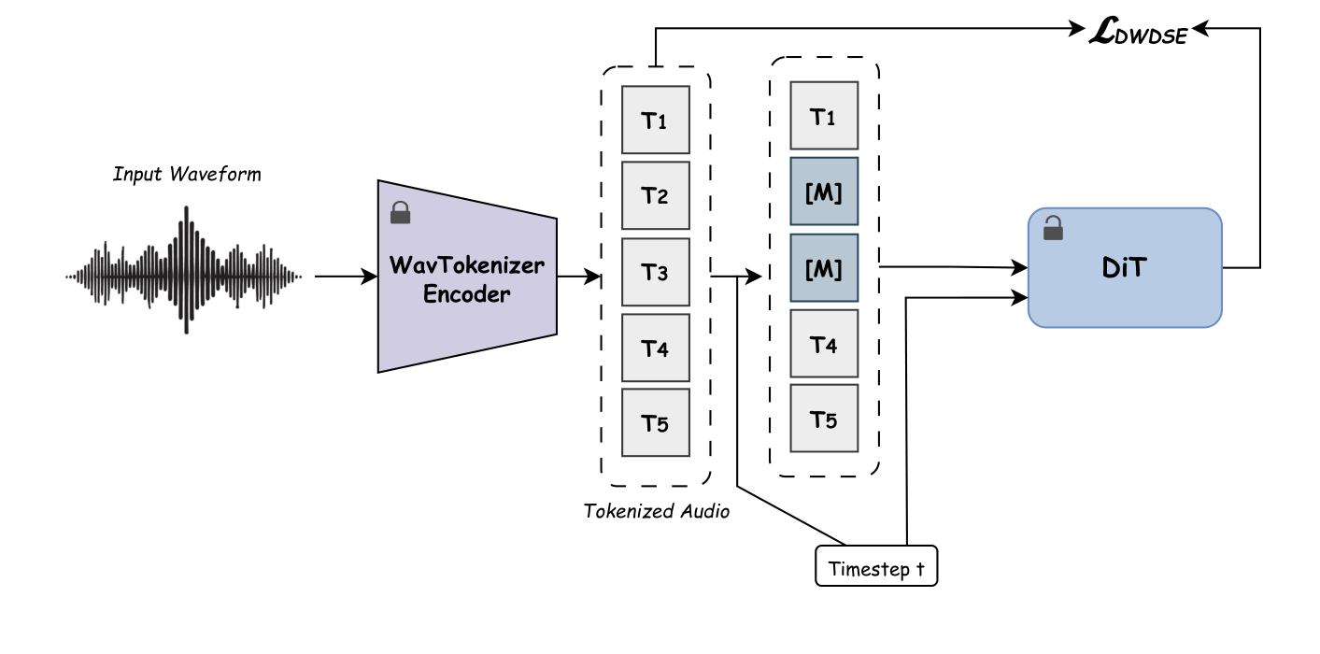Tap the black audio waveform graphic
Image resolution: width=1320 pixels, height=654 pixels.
(184, 277)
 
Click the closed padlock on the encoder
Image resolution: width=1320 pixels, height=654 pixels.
(400, 214)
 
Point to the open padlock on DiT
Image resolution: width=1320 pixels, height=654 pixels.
(1053, 226)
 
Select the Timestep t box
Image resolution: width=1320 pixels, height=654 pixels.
(876, 565)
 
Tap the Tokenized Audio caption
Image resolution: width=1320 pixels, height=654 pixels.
(656, 511)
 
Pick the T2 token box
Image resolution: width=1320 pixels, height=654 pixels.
(656, 196)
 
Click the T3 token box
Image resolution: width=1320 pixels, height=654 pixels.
(656, 273)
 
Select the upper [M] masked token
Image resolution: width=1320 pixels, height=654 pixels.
(824, 192)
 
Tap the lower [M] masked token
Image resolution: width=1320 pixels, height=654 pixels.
(824, 268)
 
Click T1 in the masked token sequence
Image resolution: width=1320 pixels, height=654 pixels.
(824, 116)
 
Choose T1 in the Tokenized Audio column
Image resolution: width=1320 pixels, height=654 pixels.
(656, 121)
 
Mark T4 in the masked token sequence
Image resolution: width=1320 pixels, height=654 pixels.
(824, 344)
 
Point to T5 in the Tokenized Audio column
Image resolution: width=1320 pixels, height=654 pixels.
(656, 423)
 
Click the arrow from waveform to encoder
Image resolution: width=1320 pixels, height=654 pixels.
(345, 277)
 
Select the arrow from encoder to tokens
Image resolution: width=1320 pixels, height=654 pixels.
(579, 277)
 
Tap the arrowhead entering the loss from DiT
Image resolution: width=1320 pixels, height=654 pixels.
(1201, 31)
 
